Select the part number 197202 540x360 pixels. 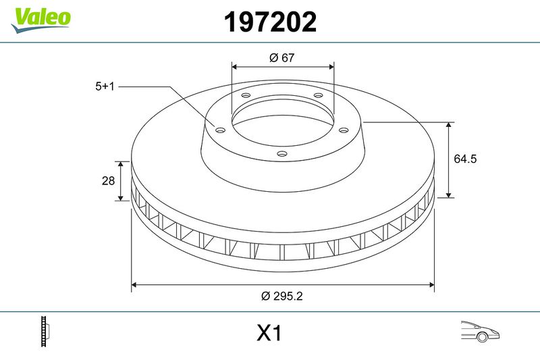pyautogui.click(x=269, y=23)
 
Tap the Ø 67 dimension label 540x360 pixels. pyautogui.click(x=282, y=58)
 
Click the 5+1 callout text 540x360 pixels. pyautogui.click(x=107, y=86)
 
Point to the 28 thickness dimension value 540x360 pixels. pyautogui.click(x=107, y=181)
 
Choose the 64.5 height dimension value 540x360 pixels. pyautogui.click(x=466, y=159)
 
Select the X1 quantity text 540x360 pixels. pyautogui.click(x=269, y=334)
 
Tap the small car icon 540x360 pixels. pyautogui.click(x=479, y=332)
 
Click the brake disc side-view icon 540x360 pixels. pyautogui.click(x=46, y=332)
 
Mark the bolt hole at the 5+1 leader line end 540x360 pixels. pyautogui.click(x=220, y=130)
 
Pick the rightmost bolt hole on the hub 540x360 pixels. pyautogui.click(x=343, y=130)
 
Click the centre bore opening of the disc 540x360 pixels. pyautogui.click(x=282, y=122)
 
